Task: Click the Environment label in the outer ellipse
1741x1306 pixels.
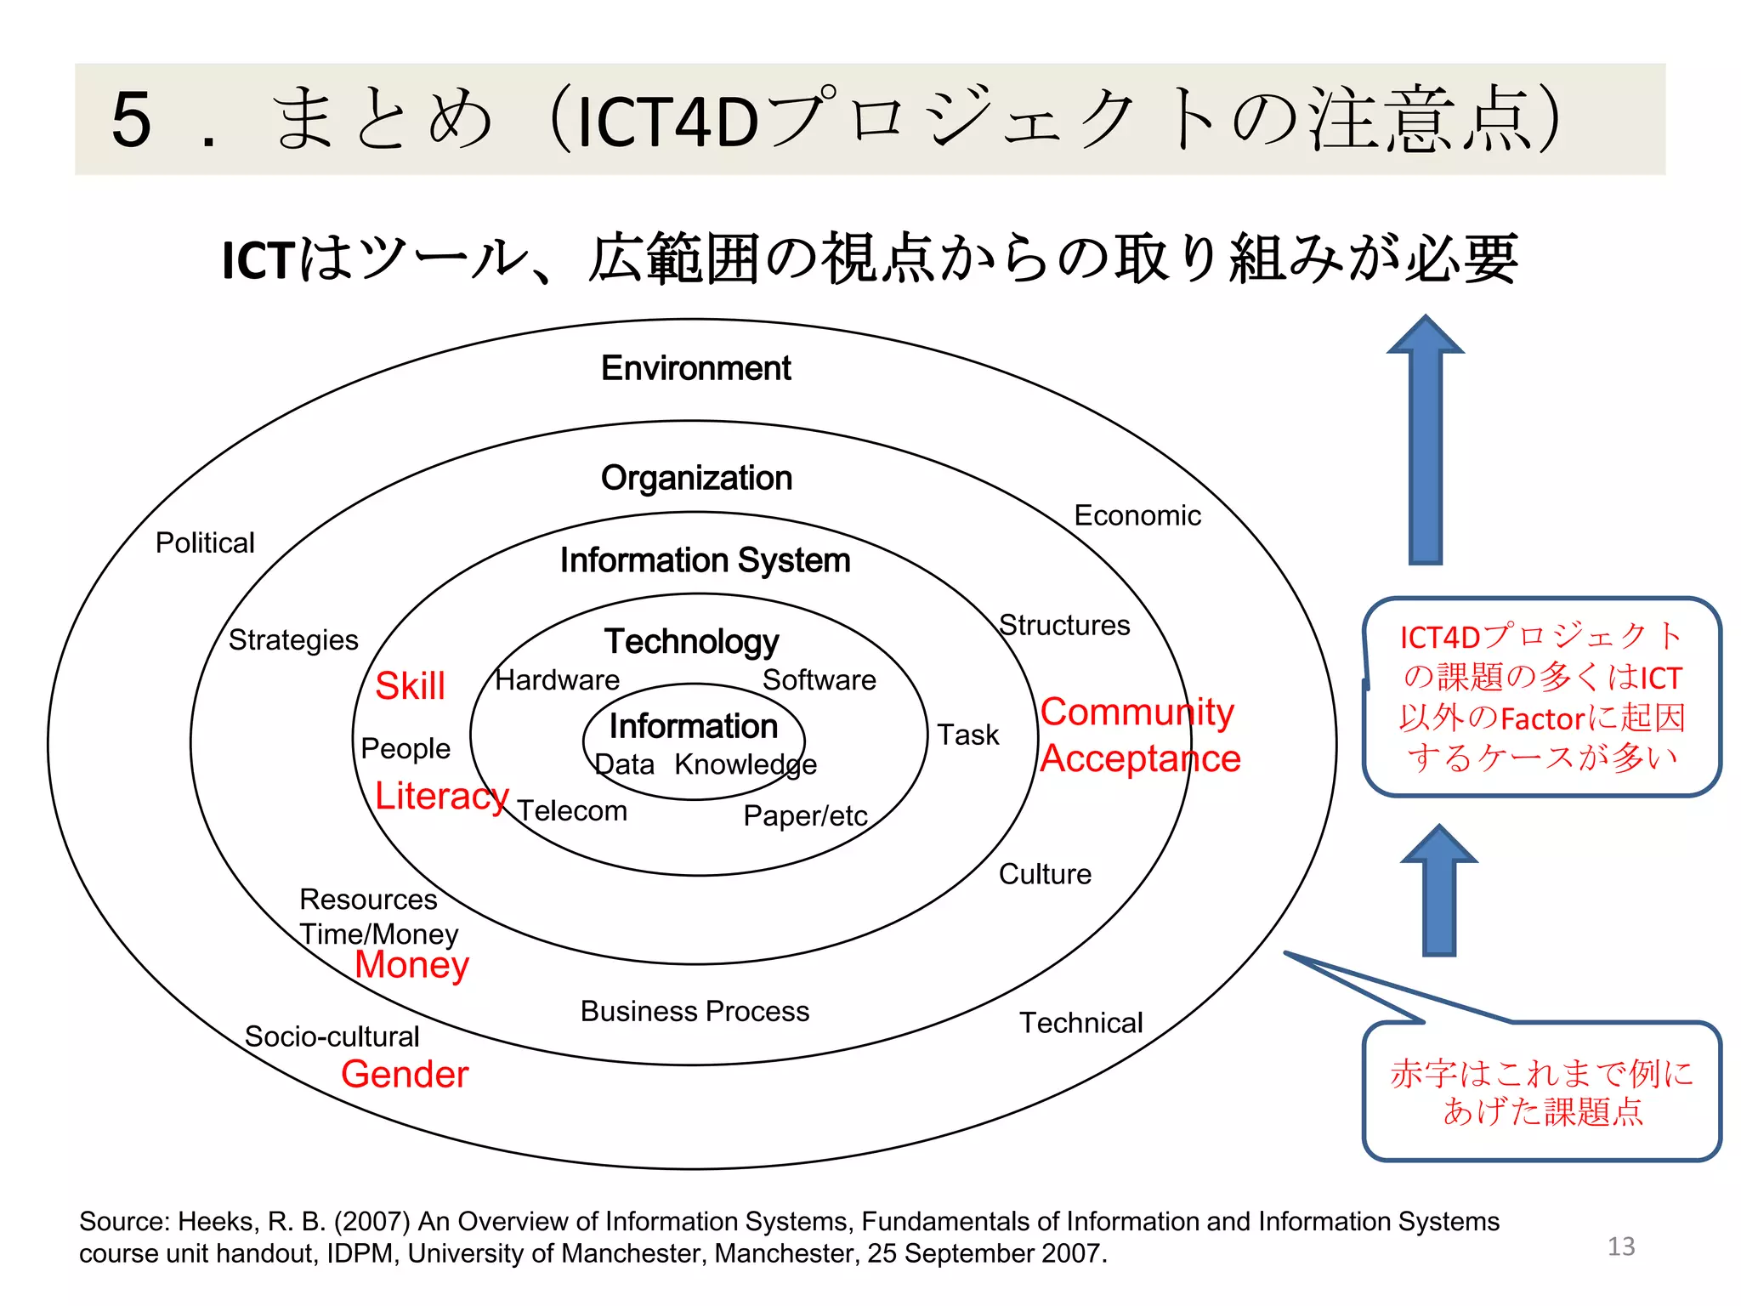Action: tap(695, 368)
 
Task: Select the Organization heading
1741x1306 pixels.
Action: tap(696, 478)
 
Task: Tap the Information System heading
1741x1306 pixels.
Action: tap(705, 560)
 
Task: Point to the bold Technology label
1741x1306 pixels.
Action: tap(691, 641)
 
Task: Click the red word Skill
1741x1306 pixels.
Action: tap(410, 686)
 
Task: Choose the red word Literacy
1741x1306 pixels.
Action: tap(441, 796)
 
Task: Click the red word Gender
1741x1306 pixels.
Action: tap(405, 1074)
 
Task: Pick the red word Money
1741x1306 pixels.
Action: tap(411, 965)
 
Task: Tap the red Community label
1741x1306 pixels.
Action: tap(1137, 712)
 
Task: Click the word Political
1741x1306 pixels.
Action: tap(205, 542)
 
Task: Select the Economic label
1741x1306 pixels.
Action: tap(1137, 515)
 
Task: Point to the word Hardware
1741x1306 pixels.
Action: tap(557, 680)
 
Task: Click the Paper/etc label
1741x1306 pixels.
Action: tap(805, 815)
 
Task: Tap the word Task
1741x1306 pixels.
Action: tap(967, 735)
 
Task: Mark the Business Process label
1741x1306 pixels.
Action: tap(695, 1011)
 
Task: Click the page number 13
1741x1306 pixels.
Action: tap(1621, 1246)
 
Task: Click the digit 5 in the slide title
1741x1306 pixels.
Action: tap(132, 119)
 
